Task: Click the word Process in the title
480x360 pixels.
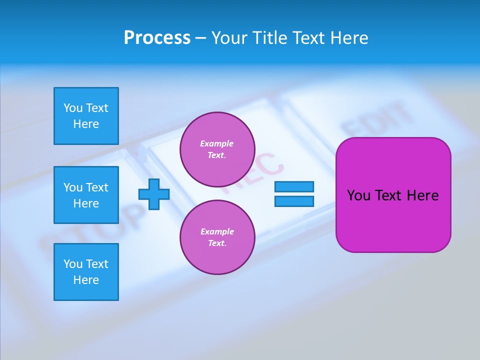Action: click(x=157, y=38)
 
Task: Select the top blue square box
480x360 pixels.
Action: click(x=86, y=116)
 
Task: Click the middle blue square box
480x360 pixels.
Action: click(x=86, y=195)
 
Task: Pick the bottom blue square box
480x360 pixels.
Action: click(x=86, y=272)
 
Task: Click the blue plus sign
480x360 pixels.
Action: click(x=154, y=194)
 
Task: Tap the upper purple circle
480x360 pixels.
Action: click(x=217, y=149)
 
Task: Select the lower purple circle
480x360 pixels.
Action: click(x=217, y=237)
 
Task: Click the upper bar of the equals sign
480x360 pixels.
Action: click(x=294, y=186)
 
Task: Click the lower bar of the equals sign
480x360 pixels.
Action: click(x=294, y=201)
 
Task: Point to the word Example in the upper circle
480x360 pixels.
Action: click(x=216, y=143)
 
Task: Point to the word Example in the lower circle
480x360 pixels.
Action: click(x=217, y=231)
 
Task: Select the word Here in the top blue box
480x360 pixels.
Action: click(x=86, y=124)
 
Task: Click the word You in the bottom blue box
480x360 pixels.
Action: click(x=73, y=264)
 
